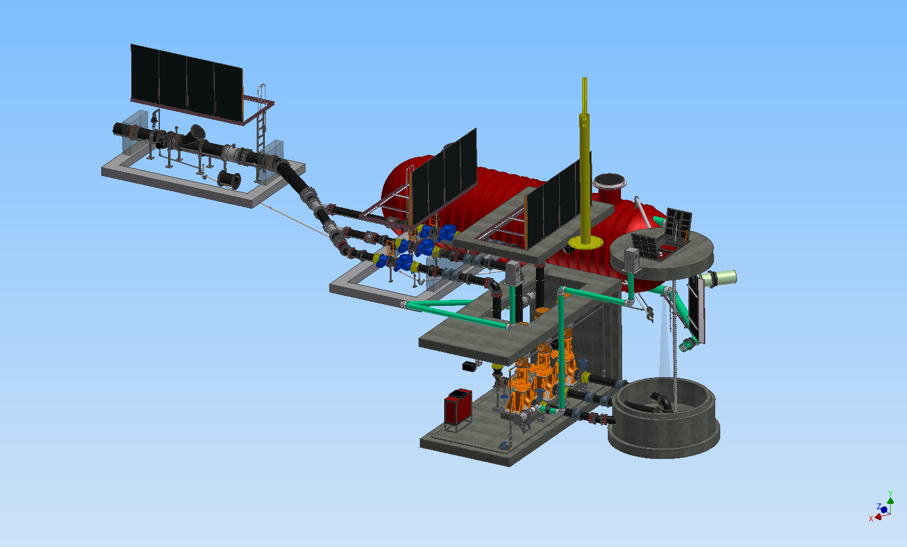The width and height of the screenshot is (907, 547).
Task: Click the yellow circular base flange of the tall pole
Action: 585,243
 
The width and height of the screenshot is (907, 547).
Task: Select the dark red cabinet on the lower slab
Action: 458,407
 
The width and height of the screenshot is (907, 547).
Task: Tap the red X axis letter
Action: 871,519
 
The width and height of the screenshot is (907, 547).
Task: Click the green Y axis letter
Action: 890,493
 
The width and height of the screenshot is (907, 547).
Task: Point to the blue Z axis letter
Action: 879,506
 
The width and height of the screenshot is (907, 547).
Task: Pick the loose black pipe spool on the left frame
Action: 229,180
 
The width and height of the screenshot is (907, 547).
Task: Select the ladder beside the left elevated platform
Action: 262,134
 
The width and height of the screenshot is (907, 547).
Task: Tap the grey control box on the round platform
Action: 632,260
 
